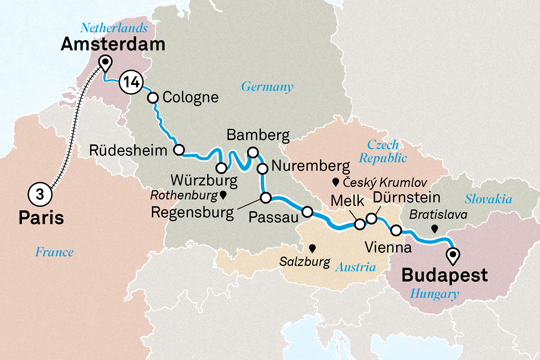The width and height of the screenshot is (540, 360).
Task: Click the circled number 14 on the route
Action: [x=131, y=82]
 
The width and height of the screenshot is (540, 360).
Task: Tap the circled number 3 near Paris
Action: [x=40, y=194]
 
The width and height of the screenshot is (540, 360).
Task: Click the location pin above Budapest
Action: [x=453, y=256]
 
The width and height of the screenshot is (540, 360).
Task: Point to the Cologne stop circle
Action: [x=153, y=98]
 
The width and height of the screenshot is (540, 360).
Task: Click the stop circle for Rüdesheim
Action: [x=179, y=150]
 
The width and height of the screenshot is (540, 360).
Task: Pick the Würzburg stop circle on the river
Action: [x=221, y=168]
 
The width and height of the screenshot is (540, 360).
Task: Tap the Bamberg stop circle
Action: [x=253, y=152]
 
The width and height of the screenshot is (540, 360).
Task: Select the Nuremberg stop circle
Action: [x=262, y=168]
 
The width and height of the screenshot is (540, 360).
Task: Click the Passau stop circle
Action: [x=307, y=212]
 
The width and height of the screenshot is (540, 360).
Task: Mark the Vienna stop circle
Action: [x=396, y=230]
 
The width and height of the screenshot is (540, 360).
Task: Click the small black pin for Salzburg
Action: [x=312, y=248]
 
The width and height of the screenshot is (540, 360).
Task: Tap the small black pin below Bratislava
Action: [x=435, y=229]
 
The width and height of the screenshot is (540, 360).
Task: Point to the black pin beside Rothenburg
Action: [x=223, y=195]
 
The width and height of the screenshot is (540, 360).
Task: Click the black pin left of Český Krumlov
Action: [x=336, y=182]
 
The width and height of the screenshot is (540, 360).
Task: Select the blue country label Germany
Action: [x=267, y=87]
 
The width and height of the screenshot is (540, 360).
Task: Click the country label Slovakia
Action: [x=488, y=199]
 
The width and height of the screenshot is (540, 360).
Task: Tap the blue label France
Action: [x=54, y=252]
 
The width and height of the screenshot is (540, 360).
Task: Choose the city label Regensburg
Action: [x=192, y=212]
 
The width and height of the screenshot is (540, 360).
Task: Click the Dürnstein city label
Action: [x=406, y=197]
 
